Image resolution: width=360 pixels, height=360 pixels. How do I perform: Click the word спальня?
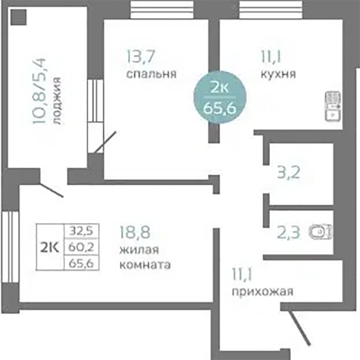(151, 73)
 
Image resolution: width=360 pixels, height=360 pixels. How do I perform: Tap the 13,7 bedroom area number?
(141, 57)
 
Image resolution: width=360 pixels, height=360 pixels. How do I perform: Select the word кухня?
(278, 73)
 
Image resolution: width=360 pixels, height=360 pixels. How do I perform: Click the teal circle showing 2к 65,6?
(220, 97)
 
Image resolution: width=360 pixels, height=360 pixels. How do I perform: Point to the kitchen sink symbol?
(333, 106)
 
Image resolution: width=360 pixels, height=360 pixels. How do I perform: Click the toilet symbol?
(320, 232)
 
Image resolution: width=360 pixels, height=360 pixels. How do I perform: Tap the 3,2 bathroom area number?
(289, 172)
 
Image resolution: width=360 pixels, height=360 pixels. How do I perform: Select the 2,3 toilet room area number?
(289, 233)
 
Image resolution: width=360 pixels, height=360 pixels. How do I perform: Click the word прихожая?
(263, 292)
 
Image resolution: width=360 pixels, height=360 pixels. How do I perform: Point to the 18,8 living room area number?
(135, 232)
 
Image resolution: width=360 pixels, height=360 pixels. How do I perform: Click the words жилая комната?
(145, 257)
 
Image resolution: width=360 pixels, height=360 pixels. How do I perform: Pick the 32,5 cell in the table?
(81, 231)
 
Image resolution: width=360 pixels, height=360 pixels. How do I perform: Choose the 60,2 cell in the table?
(81, 247)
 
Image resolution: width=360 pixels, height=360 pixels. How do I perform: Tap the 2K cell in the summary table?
(50, 247)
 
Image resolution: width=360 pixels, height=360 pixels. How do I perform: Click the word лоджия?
(57, 101)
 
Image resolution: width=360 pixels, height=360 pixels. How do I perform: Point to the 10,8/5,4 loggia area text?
(39, 91)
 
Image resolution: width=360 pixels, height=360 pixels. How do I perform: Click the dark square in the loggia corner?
(19, 17)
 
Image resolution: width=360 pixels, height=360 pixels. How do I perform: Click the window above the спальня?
(162, 9)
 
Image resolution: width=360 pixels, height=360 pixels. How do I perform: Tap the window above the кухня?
(271, 9)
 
